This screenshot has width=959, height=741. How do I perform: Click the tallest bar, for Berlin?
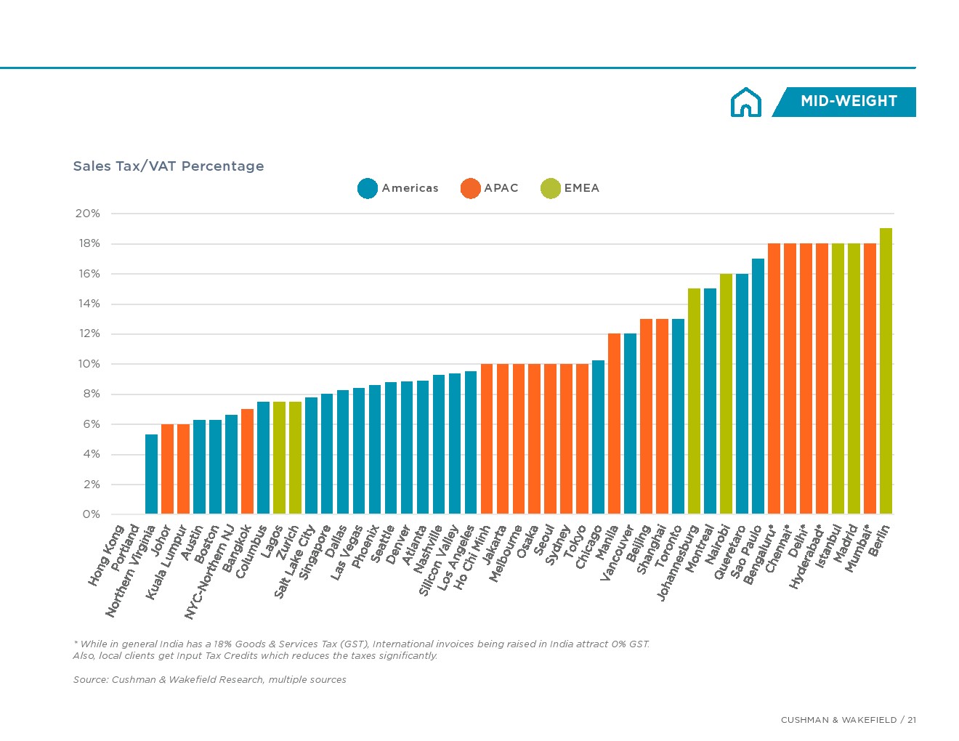(886, 371)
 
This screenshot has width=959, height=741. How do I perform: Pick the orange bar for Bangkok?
(247, 461)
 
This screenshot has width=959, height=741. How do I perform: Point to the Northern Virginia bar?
(151, 474)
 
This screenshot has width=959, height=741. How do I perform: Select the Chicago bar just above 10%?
(598, 437)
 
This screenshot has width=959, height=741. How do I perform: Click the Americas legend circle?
(368, 188)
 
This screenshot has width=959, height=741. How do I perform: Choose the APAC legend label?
(501, 188)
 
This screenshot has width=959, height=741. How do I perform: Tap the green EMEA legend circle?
(551, 188)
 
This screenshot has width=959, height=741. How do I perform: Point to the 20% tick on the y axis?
(88, 214)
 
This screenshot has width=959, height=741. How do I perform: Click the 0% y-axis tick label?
(91, 514)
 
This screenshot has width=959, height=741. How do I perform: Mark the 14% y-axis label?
(89, 304)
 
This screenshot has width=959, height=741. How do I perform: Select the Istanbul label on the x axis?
(828, 546)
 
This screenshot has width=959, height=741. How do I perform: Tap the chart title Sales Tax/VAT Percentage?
(169, 166)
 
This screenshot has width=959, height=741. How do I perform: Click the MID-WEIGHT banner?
(848, 102)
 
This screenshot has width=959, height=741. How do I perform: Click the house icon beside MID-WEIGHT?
(745, 102)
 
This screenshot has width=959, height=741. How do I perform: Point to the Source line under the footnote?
(209, 680)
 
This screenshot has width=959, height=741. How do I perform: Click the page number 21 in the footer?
(911, 720)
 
